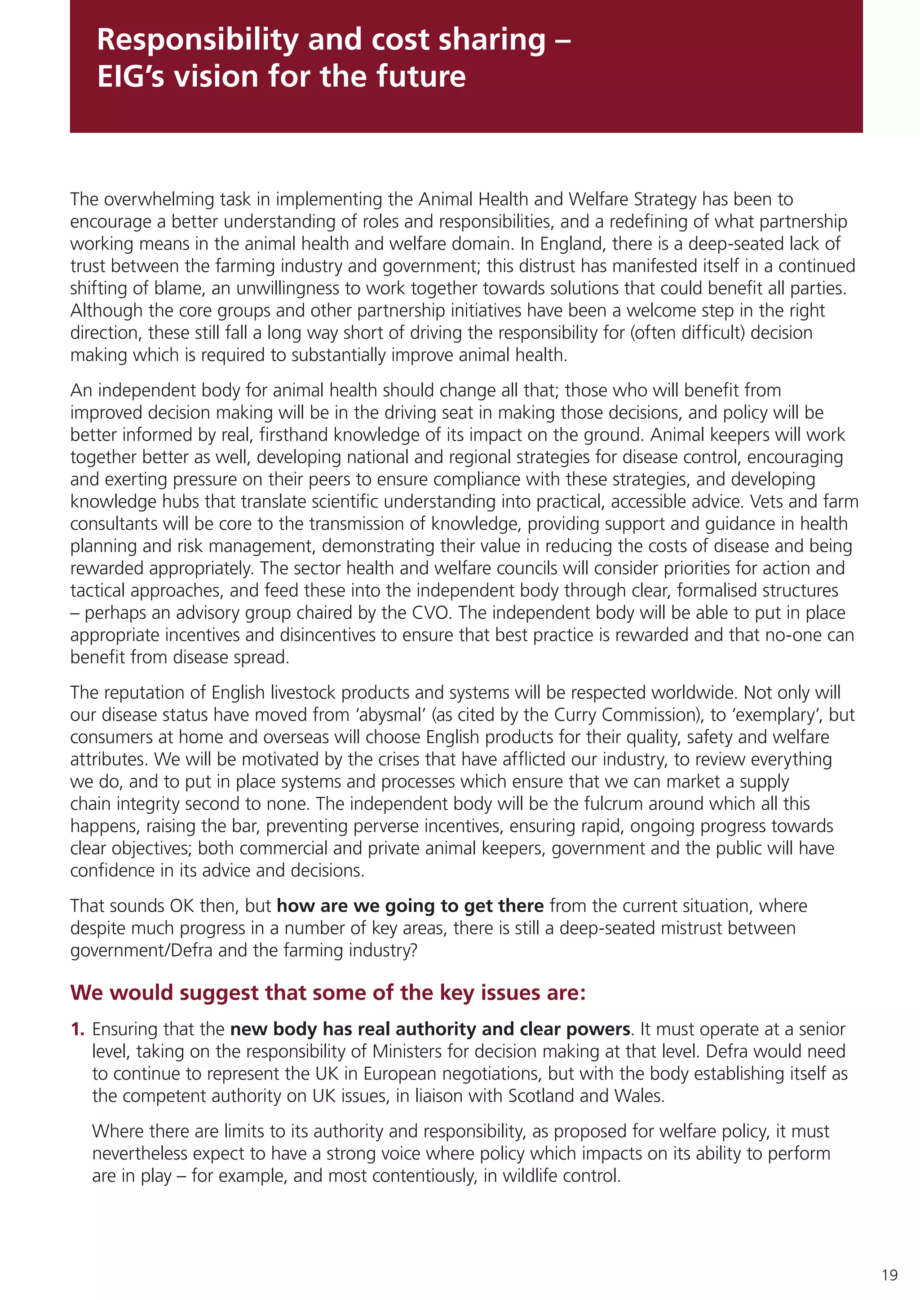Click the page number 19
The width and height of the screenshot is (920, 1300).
(x=889, y=1275)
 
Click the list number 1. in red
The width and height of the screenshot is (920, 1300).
(x=78, y=1029)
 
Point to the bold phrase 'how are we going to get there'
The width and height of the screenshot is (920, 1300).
(x=410, y=906)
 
